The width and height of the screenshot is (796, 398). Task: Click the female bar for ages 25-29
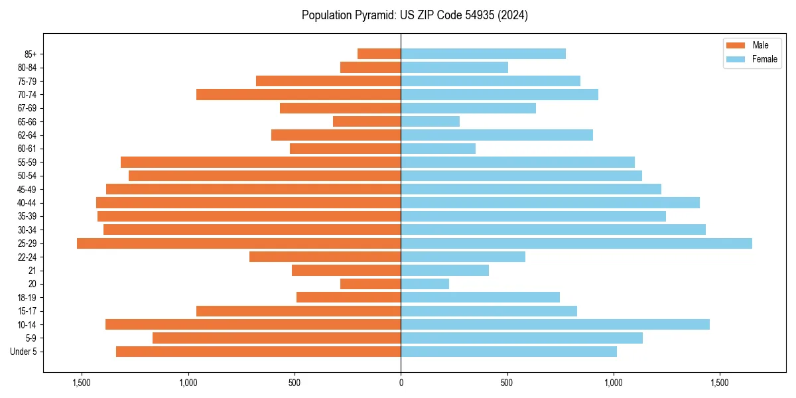[576, 243]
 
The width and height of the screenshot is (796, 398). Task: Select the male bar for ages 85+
[379, 54]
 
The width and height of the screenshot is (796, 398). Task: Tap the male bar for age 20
[370, 284]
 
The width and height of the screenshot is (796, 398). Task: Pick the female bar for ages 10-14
[555, 324]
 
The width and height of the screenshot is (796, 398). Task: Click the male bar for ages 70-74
[298, 94]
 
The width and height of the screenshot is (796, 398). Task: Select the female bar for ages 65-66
[430, 121]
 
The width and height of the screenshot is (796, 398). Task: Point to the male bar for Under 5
[258, 352]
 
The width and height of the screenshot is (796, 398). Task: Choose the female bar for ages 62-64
[496, 135]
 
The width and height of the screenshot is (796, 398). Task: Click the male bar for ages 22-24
[325, 257]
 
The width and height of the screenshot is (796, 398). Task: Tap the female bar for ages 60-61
[438, 149]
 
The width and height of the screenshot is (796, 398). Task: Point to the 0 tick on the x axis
[401, 383]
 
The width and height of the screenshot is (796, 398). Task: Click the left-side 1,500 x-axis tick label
[82, 383]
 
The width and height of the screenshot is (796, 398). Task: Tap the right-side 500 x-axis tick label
[507, 383]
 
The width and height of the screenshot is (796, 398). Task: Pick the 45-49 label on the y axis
[27, 189]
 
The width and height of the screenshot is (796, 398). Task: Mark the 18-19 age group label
[27, 297]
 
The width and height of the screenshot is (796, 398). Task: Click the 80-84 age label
[27, 68]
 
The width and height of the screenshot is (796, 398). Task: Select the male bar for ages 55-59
[261, 162]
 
